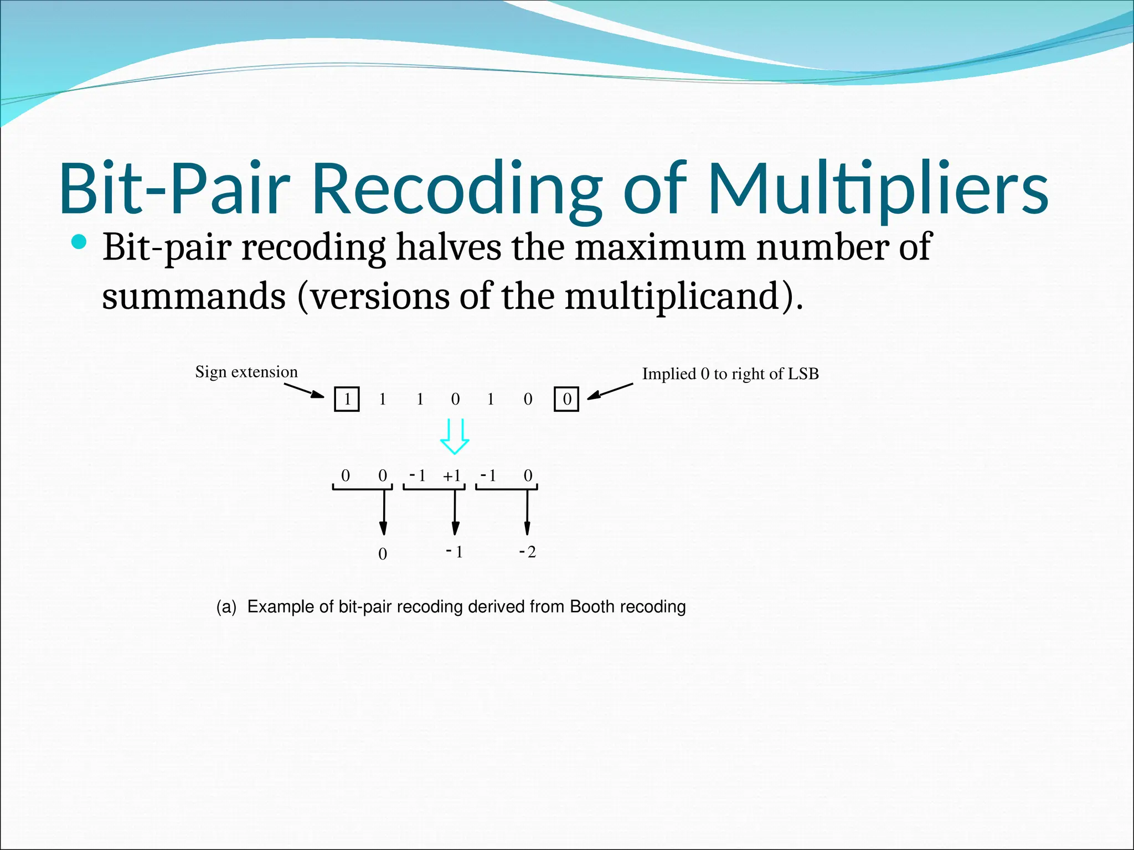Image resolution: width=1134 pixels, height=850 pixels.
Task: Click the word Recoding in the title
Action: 457,188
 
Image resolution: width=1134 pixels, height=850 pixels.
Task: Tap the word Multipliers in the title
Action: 878,188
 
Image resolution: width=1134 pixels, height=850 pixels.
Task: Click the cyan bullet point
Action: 79,242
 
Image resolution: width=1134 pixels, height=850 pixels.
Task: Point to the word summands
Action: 194,296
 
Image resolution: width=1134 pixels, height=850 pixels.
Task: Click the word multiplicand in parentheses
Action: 673,296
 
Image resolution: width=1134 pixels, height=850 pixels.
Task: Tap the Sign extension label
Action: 246,371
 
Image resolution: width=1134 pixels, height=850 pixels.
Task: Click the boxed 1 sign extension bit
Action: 347,399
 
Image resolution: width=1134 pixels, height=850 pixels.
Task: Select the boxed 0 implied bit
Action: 566,399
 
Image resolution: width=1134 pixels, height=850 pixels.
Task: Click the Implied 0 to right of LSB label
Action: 730,374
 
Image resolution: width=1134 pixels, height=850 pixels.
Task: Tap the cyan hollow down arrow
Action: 455,437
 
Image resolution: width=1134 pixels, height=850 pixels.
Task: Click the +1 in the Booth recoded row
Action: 452,475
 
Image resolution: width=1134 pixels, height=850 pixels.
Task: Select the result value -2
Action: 527,552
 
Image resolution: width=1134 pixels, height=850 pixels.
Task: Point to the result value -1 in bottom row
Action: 454,552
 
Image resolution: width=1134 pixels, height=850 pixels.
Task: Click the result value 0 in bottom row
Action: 383,554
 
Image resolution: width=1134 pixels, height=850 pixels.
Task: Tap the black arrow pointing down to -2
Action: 527,512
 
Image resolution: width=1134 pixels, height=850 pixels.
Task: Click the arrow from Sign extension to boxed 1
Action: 304,390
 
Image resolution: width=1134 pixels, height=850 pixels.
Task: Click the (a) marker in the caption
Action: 226,607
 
